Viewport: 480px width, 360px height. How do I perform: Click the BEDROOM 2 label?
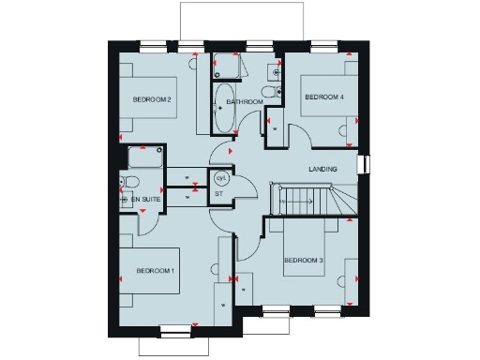point(151,99)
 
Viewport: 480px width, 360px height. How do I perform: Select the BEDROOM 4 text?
point(322,97)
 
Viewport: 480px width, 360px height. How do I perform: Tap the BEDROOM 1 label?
point(155,270)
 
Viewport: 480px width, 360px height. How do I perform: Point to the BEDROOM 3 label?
point(303,260)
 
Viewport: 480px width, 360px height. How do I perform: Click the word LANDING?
point(324,169)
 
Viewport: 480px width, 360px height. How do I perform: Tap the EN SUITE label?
point(144,200)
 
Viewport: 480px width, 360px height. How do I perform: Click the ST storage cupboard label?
point(218,194)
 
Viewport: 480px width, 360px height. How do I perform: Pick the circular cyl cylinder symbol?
point(222,177)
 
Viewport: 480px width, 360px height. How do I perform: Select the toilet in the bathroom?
point(270,91)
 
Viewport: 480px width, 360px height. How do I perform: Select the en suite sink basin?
point(125,199)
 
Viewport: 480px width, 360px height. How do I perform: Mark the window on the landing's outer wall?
point(367,165)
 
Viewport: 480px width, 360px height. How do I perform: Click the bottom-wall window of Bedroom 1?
point(173,329)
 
